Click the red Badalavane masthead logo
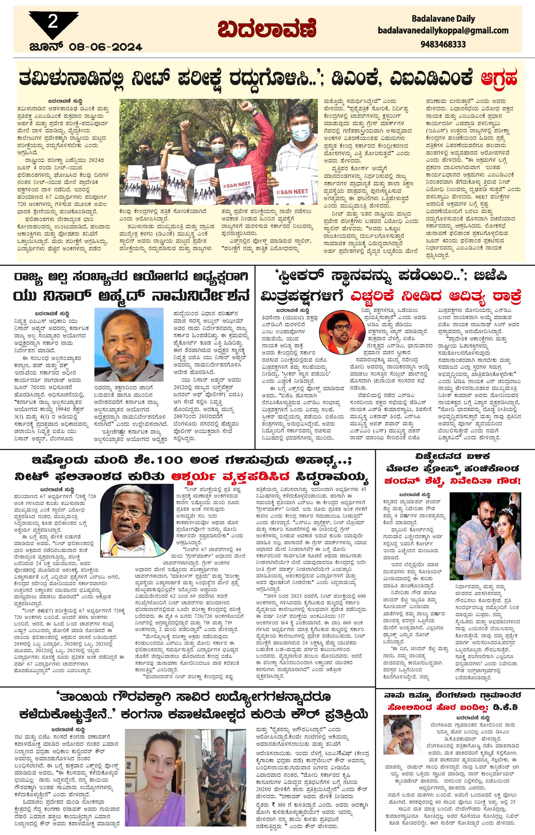267,29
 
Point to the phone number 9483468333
443,44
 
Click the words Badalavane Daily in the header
443,19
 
